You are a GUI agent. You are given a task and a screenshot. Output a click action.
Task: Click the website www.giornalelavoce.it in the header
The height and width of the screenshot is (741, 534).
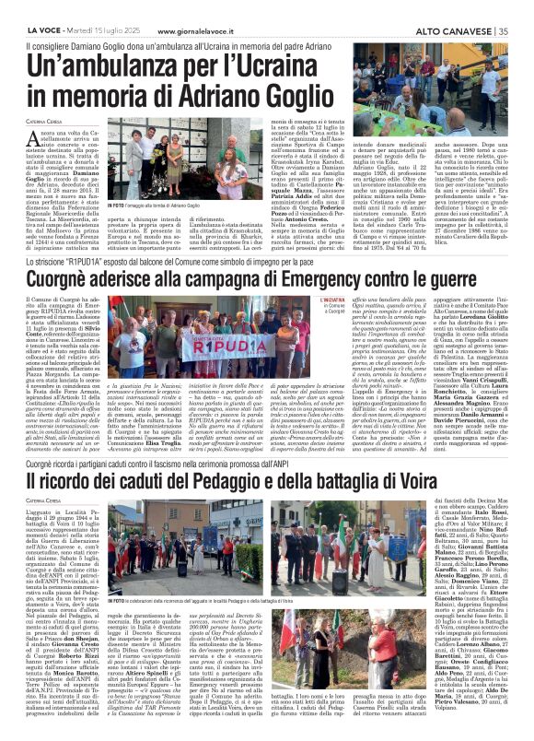(x=167, y=8)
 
